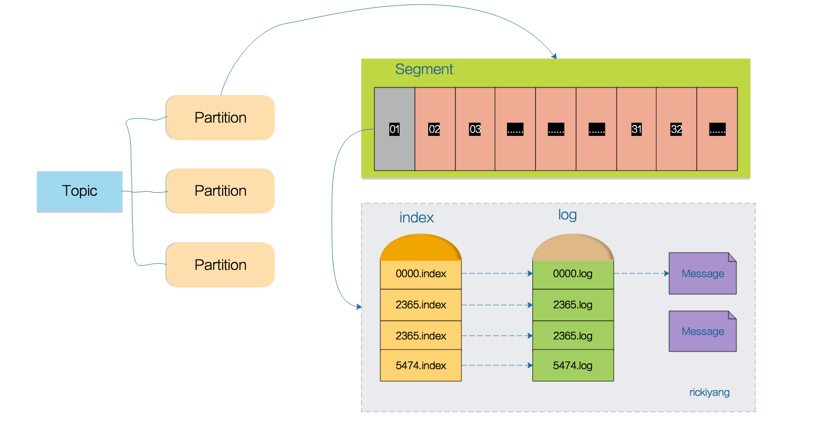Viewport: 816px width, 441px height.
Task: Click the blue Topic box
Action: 80,191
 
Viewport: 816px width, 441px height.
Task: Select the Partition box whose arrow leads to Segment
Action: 220,118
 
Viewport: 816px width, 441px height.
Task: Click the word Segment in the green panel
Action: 424,69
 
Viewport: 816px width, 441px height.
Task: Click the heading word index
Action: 416,218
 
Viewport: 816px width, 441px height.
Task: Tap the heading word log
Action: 567,215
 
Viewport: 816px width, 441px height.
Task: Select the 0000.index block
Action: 421,274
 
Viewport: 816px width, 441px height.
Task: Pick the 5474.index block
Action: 421,366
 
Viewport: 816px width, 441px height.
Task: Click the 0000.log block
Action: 573,274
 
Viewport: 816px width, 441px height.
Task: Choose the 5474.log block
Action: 573,366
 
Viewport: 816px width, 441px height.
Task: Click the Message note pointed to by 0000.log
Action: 702,274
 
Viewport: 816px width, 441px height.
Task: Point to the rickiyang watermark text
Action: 709,393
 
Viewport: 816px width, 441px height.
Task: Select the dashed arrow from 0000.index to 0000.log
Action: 497,273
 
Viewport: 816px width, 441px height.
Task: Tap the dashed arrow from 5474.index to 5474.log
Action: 497,365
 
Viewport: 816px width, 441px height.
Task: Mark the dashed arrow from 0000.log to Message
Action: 641,273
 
